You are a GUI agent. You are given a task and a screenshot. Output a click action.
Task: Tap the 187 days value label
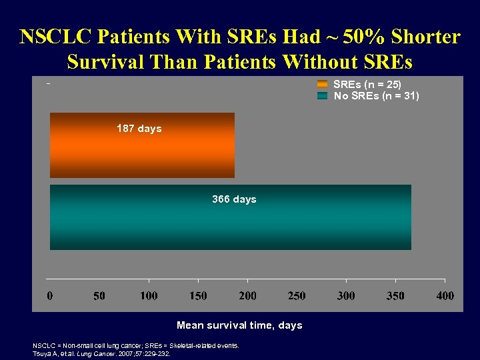(139, 128)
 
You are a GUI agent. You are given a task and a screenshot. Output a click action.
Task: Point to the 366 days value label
(234, 199)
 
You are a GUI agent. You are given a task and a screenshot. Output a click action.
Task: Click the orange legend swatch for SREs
(323, 85)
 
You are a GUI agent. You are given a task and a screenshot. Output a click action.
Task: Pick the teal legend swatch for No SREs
(323, 96)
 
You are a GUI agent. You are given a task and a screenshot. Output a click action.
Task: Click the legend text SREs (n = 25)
(367, 85)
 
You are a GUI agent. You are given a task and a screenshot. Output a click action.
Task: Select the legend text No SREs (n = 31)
(377, 96)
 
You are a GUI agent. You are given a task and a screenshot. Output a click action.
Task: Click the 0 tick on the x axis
(50, 295)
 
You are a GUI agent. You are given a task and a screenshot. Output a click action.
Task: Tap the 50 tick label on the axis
(99, 295)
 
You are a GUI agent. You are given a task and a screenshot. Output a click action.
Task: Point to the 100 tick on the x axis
(149, 295)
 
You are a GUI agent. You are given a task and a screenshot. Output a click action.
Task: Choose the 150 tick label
(198, 295)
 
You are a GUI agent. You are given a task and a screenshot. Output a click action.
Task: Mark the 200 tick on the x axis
(247, 295)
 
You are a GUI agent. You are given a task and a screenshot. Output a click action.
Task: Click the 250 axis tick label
(297, 295)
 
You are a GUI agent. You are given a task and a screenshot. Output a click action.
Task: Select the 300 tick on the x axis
(346, 295)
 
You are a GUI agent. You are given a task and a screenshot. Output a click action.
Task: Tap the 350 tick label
(395, 295)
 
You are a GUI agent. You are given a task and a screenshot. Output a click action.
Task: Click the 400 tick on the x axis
(445, 295)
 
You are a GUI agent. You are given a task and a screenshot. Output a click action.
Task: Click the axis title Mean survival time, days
(239, 325)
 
